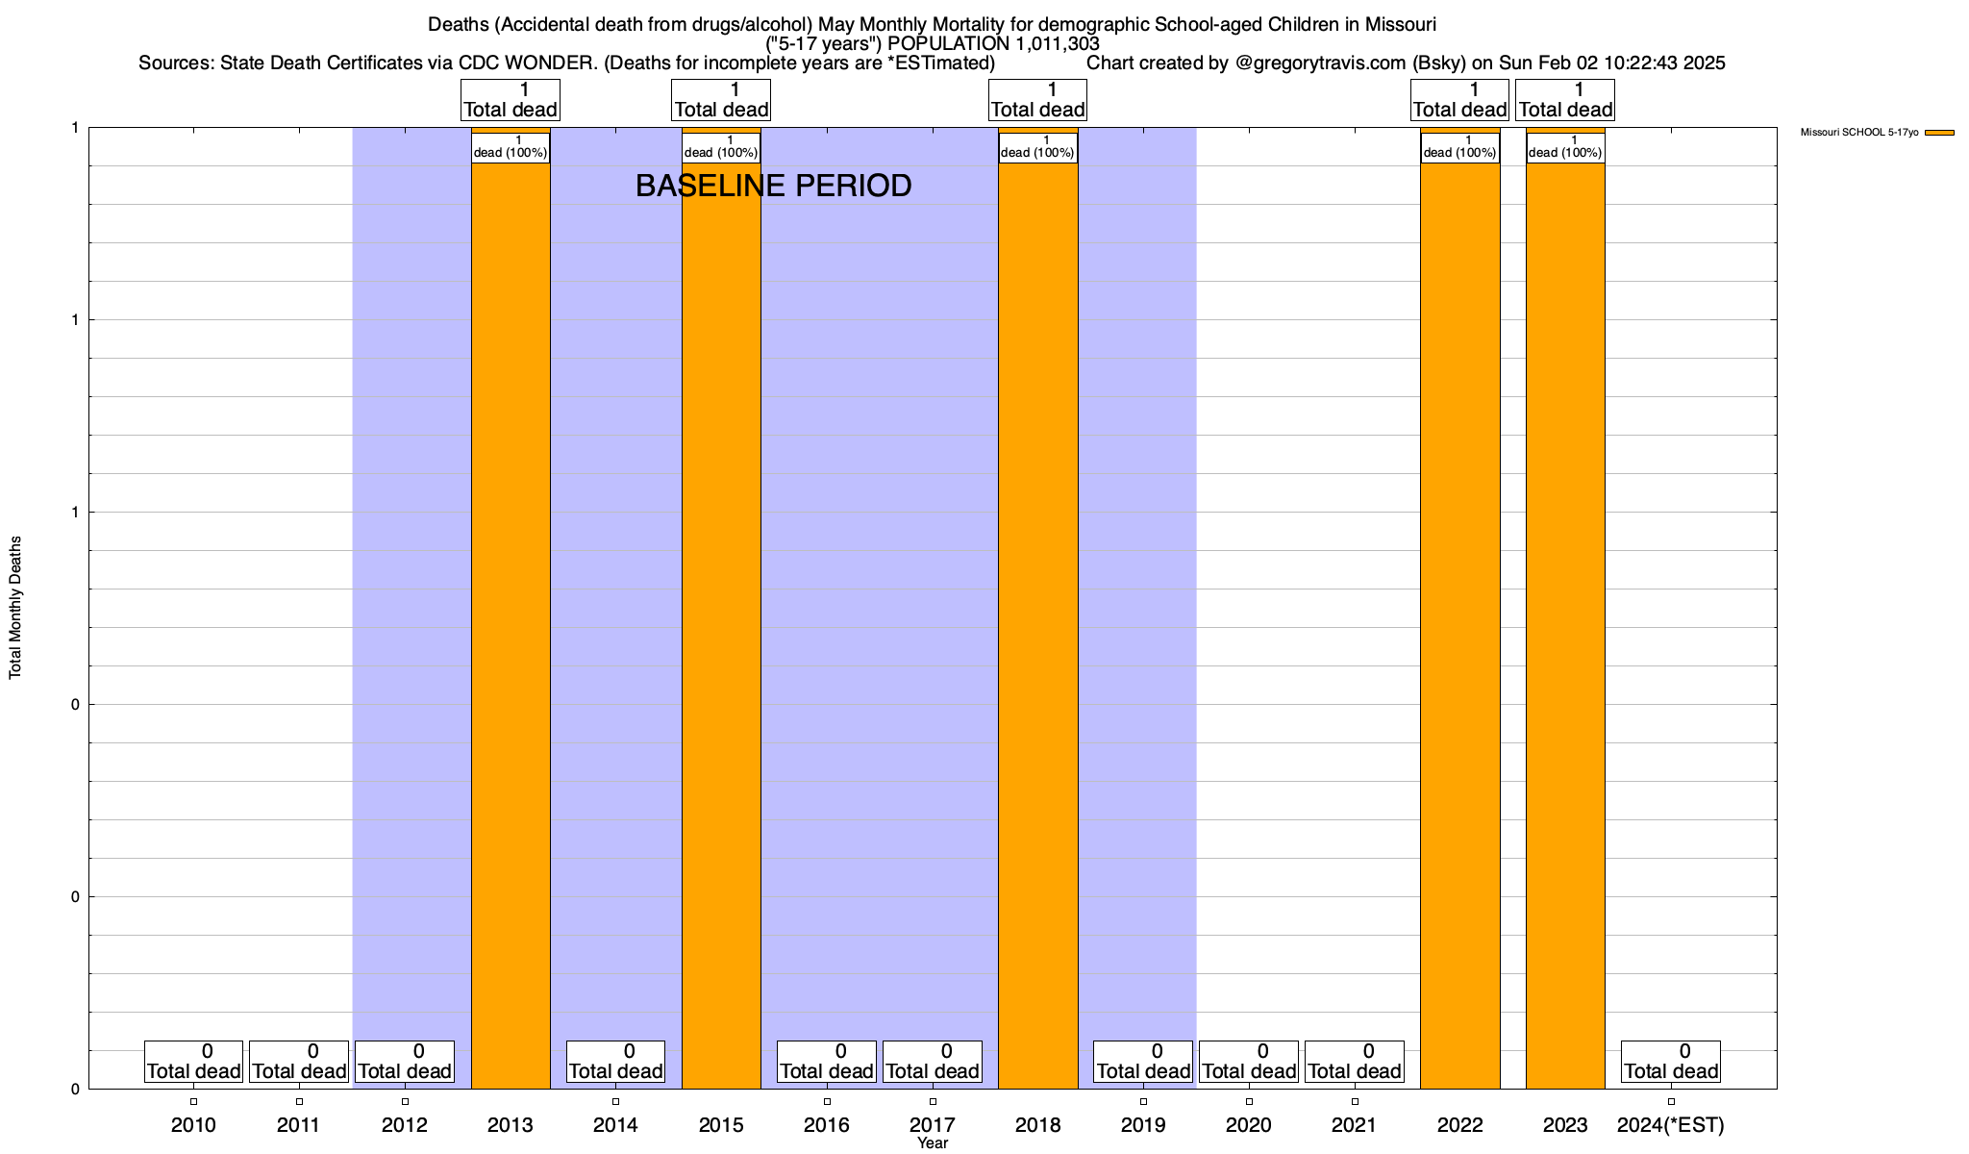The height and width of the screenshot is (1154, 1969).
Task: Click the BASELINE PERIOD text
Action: [x=773, y=186]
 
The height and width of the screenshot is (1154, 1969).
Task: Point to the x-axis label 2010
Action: [x=193, y=1124]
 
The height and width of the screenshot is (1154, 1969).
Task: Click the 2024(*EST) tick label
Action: [x=1671, y=1124]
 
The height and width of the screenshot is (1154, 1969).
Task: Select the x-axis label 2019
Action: [x=1143, y=1124]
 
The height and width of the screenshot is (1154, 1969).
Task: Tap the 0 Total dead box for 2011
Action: [x=299, y=1062]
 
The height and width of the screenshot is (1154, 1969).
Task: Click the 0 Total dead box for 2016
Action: [x=827, y=1062]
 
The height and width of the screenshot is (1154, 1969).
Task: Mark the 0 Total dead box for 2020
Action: [x=1249, y=1062]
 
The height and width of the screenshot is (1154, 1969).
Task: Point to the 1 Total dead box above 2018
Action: [x=1038, y=100]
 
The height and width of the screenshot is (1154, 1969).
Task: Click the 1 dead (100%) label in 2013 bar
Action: [x=511, y=147]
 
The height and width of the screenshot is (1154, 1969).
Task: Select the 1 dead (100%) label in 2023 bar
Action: [x=1565, y=147]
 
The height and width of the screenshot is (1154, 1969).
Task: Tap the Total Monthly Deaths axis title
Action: [x=15, y=608]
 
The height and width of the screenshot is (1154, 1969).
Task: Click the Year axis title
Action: [x=933, y=1143]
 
